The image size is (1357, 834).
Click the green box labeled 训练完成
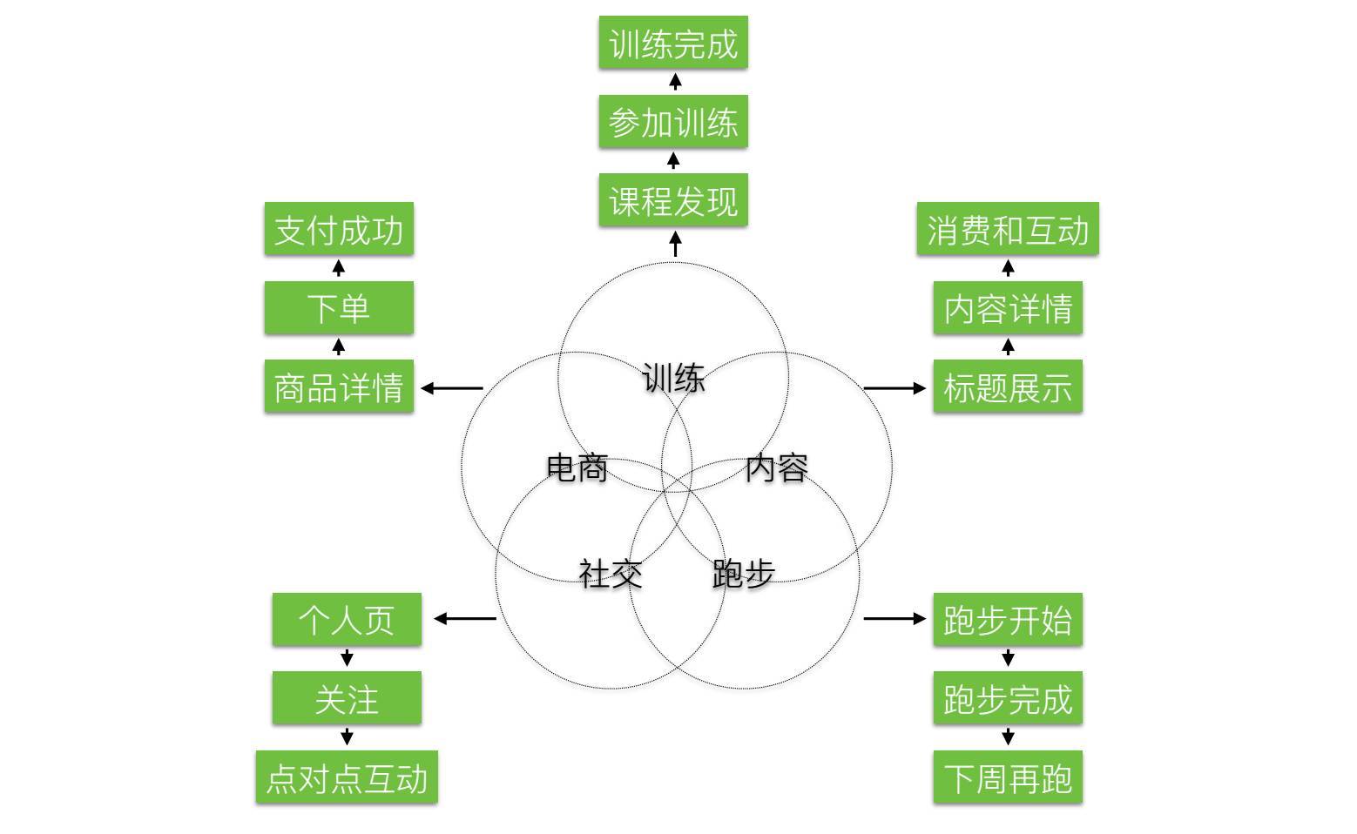click(x=672, y=43)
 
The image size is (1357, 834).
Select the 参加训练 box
click(x=672, y=122)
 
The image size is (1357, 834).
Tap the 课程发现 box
click(x=672, y=201)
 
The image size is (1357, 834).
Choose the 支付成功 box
click(x=339, y=230)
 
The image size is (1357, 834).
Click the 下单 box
click(x=339, y=308)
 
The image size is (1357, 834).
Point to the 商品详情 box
click(x=339, y=387)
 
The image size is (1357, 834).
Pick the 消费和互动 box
click(x=1007, y=230)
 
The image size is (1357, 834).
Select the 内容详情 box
click(x=1007, y=308)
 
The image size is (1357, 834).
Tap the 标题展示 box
click(x=1007, y=387)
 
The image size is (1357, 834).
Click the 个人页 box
click(x=347, y=620)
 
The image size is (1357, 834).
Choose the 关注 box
click(x=347, y=698)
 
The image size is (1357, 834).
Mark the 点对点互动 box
click(x=347, y=777)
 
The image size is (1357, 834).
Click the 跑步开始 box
click(x=1007, y=620)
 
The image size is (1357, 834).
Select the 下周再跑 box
click(x=1007, y=777)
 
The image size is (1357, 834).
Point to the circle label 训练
click(x=673, y=379)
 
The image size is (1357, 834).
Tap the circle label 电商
click(x=577, y=468)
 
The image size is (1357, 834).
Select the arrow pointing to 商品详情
click(x=452, y=388)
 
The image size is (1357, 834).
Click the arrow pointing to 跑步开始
click(x=895, y=619)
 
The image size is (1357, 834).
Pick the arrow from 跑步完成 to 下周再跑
click(x=1008, y=736)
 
